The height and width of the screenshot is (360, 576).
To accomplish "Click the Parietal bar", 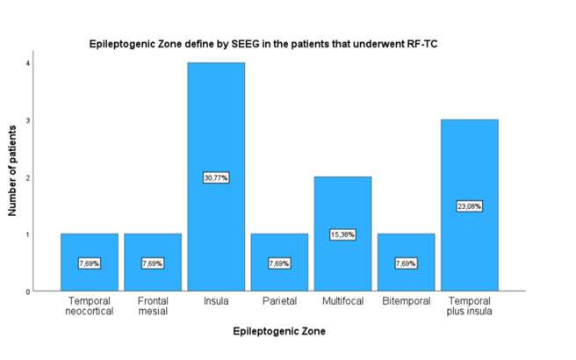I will click(x=278, y=248).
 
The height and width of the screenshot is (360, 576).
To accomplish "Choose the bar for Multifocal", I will click(x=342, y=211).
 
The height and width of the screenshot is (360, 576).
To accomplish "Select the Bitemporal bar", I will click(x=406, y=248).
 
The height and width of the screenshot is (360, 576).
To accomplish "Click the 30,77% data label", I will click(x=215, y=177).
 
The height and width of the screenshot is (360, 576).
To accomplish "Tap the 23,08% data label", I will click(x=469, y=206).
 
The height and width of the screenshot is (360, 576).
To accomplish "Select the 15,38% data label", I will click(x=342, y=234).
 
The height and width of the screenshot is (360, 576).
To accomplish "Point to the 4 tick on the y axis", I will click(x=28, y=63).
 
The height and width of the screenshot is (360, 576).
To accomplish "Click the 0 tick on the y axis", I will click(x=28, y=292).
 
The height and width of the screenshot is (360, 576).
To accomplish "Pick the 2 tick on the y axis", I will click(x=28, y=177).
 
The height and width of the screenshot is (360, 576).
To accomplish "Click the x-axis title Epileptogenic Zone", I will click(x=278, y=332).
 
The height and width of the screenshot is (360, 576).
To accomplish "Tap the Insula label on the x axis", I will click(x=215, y=301).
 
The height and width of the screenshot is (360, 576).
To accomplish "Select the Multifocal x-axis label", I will click(x=342, y=301).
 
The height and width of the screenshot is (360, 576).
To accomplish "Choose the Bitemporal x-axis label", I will click(x=406, y=301).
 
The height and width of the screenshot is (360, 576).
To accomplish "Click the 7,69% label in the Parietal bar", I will click(x=278, y=263).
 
